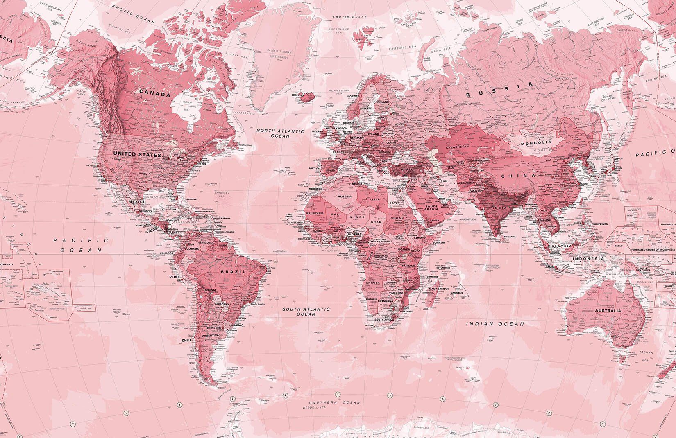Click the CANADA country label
pos(154,94)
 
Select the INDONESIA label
pos(589,259)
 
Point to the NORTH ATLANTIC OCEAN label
pos(280,133)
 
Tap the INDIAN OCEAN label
pos(495,324)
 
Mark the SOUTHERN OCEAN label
pos(335,402)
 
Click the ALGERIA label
pos(344,196)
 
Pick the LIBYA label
pos(374,199)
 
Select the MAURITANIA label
pos(315,213)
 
